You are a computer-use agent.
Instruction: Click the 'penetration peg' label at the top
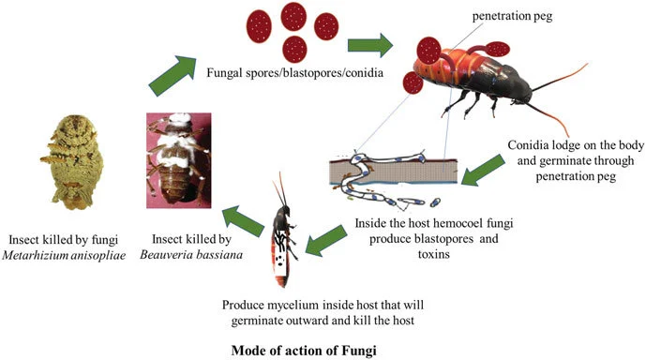point(512,16)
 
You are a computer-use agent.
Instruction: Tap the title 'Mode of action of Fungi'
point(304,351)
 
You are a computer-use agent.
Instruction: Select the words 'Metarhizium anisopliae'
point(64,255)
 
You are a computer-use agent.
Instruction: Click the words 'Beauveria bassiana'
point(191,255)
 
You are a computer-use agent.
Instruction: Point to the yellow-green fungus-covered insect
point(72,162)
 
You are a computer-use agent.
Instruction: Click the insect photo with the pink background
point(179,160)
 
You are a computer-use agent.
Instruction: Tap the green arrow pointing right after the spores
point(370,45)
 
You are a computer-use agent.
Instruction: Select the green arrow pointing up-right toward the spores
point(173,76)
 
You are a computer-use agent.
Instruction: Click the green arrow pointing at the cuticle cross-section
point(483,170)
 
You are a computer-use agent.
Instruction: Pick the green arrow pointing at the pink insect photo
point(244,220)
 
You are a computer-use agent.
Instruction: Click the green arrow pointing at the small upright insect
point(326,241)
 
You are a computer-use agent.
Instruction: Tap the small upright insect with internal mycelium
point(285,231)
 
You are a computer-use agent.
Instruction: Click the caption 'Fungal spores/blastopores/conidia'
point(295,73)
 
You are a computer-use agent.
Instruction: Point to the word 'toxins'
point(434,254)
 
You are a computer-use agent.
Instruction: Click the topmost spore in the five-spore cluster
point(293,17)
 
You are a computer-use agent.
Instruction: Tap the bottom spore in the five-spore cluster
point(294,49)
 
